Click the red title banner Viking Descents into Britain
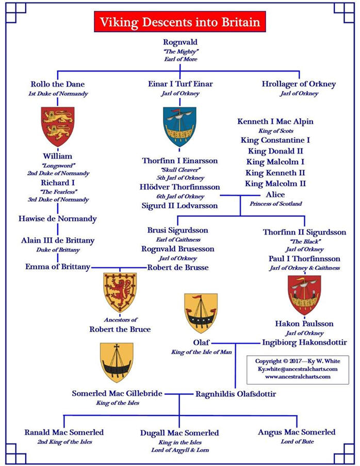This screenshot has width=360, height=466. point(179,22)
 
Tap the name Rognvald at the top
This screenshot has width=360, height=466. point(179,42)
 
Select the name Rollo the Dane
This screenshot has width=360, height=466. point(58,84)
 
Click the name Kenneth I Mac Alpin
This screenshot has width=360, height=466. point(275,122)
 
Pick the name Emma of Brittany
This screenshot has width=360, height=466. point(58,267)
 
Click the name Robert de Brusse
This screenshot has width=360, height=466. point(178,267)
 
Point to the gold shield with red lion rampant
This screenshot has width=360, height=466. point(120,293)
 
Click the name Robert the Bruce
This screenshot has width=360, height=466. point(120,329)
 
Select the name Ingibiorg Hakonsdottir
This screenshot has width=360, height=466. point(304,342)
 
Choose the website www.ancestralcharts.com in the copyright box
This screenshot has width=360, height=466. point(301,377)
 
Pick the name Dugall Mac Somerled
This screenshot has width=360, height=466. point(179,433)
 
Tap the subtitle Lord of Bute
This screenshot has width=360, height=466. point(297,442)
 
